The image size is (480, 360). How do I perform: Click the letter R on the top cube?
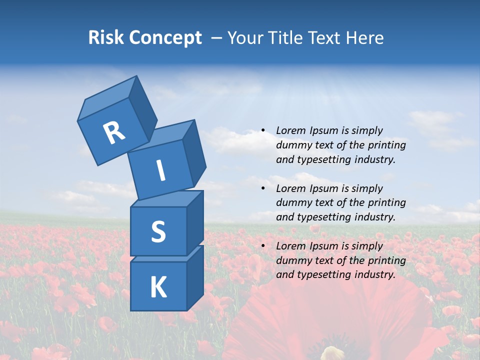(x=114, y=133)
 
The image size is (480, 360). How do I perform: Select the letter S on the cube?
(x=158, y=231)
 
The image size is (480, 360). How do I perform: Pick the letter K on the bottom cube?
(x=158, y=287)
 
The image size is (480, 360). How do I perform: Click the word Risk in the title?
(x=106, y=38)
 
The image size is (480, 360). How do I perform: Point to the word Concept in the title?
(x=165, y=38)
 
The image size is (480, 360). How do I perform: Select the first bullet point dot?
(x=263, y=130)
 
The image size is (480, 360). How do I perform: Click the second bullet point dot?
(x=263, y=188)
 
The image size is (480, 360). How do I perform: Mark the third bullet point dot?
(x=263, y=246)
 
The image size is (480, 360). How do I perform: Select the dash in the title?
(x=217, y=38)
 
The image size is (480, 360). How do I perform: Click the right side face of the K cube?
(x=195, y=277)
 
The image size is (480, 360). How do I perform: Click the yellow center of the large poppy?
(x=332, y=352)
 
